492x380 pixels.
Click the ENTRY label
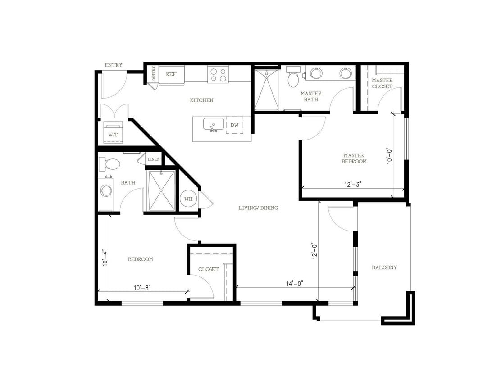(113, 65)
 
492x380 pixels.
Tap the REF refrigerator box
(171, 74)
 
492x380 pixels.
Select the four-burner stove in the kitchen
(218, 74)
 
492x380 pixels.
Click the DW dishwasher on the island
(235, 125)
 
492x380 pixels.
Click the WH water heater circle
(188, 198)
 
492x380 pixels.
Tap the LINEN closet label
(154, 159)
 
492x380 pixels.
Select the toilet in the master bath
(293, 78)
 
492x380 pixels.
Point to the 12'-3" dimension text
(353, 184)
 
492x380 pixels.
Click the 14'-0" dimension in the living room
(294, 283)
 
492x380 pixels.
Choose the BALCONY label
(384, 267)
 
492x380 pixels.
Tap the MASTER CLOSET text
(382, 83)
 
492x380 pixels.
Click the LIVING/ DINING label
(259, 208)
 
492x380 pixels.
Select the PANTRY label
(154, 74)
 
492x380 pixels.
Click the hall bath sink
(106, 191)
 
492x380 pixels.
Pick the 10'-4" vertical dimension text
(105, 258)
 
